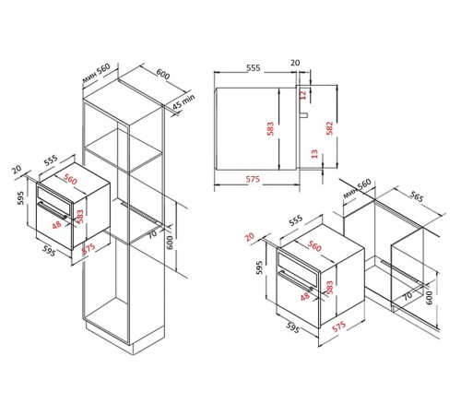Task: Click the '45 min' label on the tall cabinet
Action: tap(181, 102)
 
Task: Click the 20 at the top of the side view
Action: tap(295, 65)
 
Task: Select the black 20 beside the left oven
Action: tap(17, 169)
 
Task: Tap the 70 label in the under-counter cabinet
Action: tap(407, 296)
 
